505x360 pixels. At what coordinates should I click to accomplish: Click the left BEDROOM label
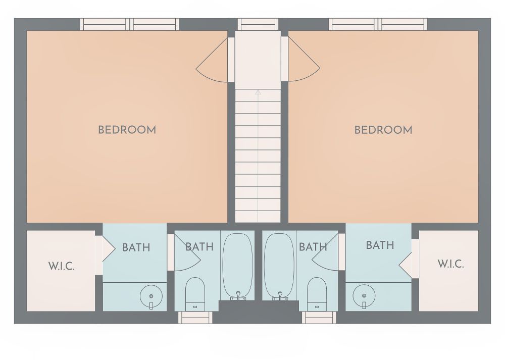(127, 130)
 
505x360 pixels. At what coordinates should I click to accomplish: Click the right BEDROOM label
(383, 130)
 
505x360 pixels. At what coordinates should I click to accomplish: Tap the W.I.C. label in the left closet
(62, 266)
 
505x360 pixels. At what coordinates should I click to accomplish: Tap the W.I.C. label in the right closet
(450, 264)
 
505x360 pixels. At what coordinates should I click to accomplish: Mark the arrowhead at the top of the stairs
(258, 92)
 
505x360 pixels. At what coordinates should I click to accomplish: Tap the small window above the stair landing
(258, 24)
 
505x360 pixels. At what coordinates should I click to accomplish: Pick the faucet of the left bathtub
(238, 296)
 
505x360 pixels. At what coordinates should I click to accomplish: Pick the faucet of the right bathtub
(280, 296)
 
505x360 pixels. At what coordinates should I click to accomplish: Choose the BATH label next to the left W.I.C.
(136, 247)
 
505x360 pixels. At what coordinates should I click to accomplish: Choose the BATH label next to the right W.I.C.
(380, 245)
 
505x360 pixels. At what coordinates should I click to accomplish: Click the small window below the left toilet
(195, 318)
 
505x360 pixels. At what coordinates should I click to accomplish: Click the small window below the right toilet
(319, 318)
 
